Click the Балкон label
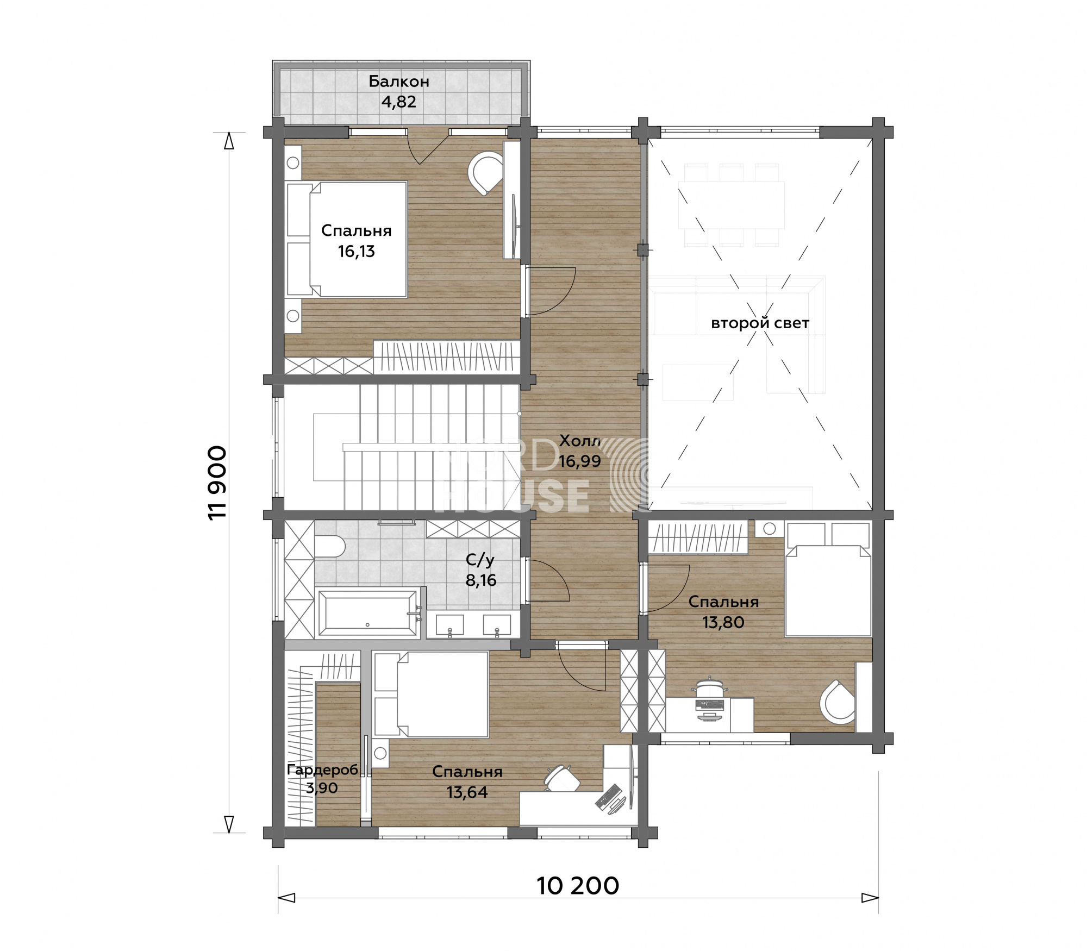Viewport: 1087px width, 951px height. tap(399, 82)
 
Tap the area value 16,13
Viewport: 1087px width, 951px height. tap(357, 252)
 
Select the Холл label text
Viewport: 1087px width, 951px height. tap(580, 441)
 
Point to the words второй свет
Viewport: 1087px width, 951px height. tap(760, 323)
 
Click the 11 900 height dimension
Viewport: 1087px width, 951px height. tap(217, 483)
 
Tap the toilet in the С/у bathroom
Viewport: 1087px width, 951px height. tap(328, 546)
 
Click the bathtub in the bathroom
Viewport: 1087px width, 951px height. tap(367, 612)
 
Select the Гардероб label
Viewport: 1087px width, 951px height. tap(322, 769)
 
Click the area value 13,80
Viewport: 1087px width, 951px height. tap(723, 622)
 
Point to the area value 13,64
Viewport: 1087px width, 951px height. tap(467, 792)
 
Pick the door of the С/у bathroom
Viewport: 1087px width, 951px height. tap(549, 580)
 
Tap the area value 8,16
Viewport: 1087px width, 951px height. tap(481, 580)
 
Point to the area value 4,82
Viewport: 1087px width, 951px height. tap(399, 102)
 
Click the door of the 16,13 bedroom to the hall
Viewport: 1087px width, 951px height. tap(549, 291)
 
